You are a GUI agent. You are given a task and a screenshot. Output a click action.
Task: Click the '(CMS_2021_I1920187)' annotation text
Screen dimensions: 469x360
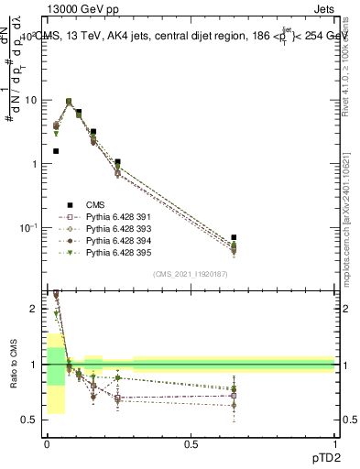pyautogui.click(x=190, y=274)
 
